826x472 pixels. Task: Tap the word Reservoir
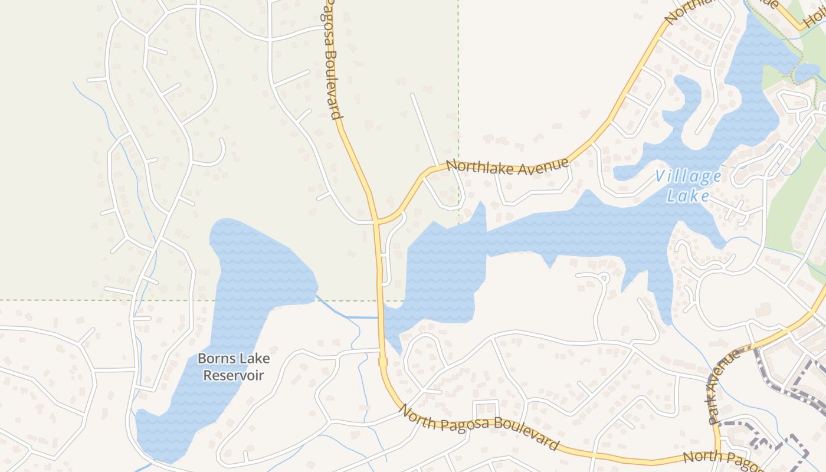pyautogui.click(x=233, y=375)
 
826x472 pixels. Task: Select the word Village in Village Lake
pyautogui.click(x=688, y=176)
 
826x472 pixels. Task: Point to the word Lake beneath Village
pyautogui.click(x=688, y=195)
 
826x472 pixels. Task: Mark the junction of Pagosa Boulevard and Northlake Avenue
pyautogui.click(x=376, y=222)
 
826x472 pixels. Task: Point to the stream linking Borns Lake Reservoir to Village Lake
pyautogui.click(x=348, y=317)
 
